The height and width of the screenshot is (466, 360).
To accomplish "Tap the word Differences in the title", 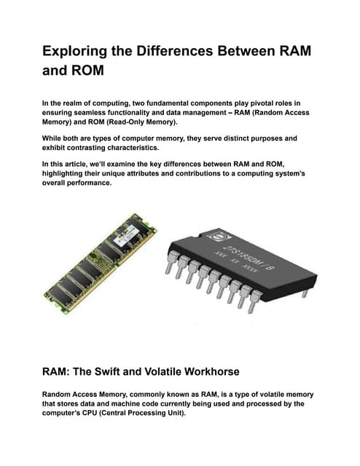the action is point(185,52).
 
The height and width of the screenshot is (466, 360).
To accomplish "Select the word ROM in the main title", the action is point(86,74).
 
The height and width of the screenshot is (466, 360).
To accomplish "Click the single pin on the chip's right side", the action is point(305,293).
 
